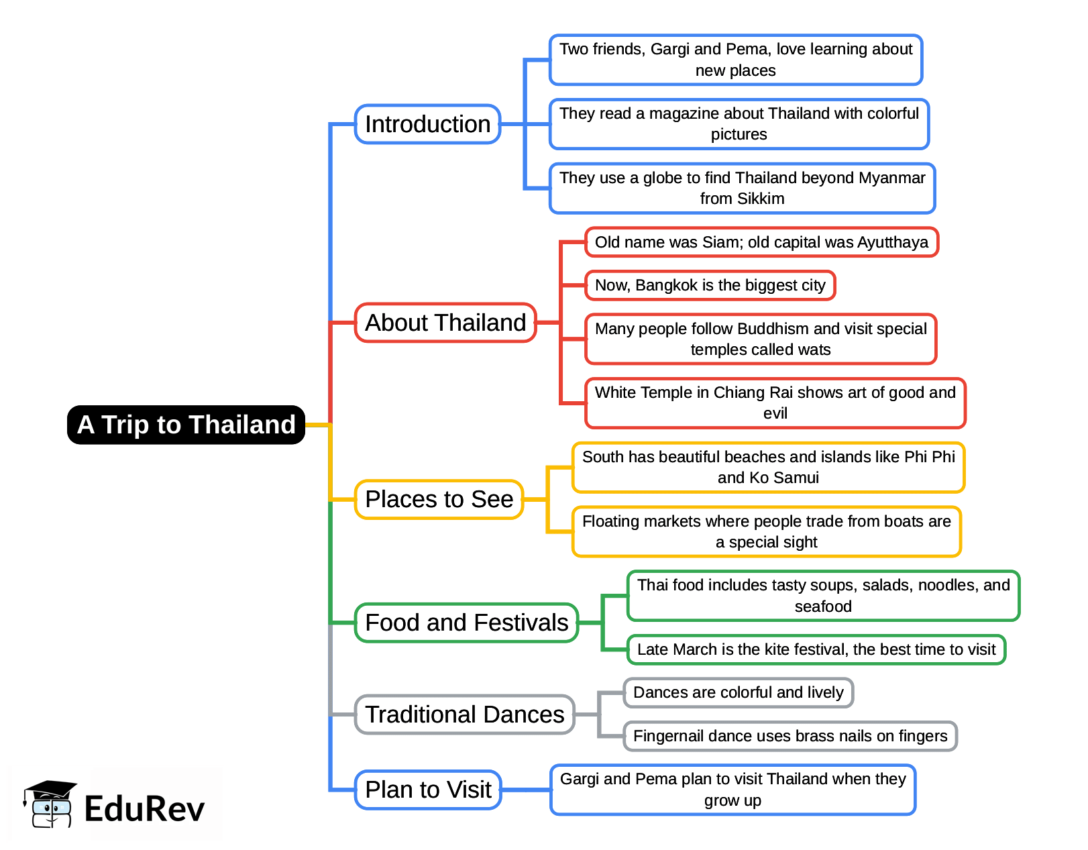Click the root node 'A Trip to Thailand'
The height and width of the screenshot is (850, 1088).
186,425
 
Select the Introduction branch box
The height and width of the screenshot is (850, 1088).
427,124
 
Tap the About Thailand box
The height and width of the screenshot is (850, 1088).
445,323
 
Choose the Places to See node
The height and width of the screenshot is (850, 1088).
439,499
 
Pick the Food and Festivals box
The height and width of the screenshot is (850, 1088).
466,623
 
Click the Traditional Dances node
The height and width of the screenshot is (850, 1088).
464,714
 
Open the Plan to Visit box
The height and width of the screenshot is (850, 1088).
428,790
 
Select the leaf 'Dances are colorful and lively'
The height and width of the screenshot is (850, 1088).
738,692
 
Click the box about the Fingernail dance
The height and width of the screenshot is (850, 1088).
790,736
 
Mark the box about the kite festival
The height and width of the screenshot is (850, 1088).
816,649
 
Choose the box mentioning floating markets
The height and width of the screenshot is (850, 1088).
766,531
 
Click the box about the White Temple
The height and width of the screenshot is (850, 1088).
775,403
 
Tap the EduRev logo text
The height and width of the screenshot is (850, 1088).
144,808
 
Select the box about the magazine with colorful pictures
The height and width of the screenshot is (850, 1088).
739,124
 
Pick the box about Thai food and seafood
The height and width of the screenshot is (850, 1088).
822,596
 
